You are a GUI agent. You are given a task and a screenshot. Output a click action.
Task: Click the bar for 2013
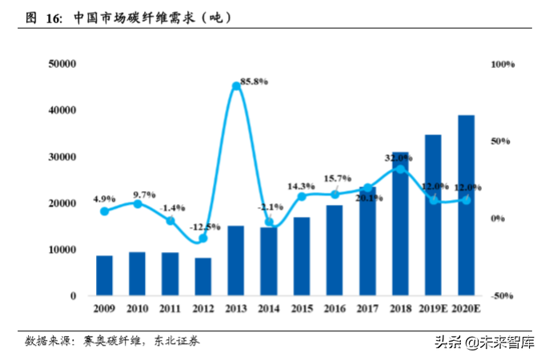(236, 261)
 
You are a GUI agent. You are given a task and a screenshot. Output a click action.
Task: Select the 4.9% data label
(105, 198)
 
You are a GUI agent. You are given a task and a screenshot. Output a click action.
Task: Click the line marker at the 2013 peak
(236, 86)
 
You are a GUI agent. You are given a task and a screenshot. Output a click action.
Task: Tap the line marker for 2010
(138, 204)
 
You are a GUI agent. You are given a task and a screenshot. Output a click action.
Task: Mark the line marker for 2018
(400, 169)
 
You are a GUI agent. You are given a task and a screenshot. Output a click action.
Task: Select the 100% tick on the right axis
(503, 64)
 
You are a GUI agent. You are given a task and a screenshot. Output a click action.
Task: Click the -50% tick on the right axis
(503, 296)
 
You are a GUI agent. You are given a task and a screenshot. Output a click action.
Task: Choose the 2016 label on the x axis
(335, 309)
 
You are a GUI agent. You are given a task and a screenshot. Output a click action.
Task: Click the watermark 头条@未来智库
(484, 342)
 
